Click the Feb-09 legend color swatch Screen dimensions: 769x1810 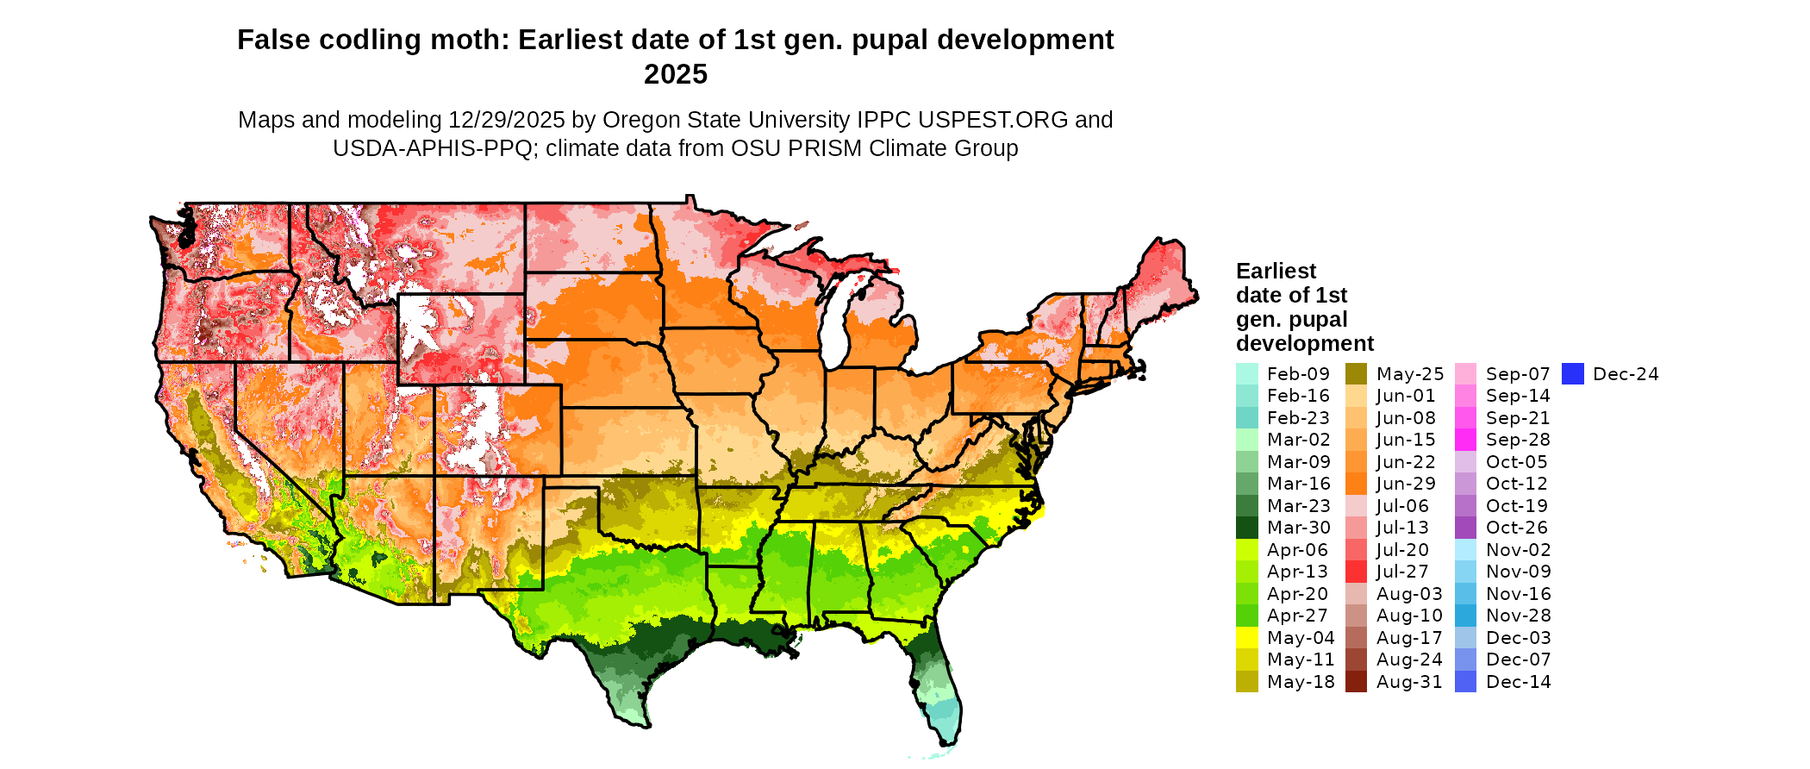pos(1246,374)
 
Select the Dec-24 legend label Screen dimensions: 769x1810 pos(1626,374)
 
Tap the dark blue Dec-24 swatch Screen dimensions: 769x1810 pos(1573,374)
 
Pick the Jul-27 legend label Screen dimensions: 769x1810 pos(1402,572)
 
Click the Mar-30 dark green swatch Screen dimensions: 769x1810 pos(1246,528)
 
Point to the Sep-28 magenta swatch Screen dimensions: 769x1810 pos(1465,440)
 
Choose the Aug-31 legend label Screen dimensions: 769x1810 pos(1409,682)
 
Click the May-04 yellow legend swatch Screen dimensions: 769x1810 pos(1246,638)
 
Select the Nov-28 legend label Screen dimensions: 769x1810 pos(1518,616)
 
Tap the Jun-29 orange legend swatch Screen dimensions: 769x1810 pos(1356,484)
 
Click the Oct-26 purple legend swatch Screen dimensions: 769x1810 pos(1465,528)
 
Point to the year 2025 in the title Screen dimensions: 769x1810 pos(675,74)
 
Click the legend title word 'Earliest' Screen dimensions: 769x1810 pos(1276,272)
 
